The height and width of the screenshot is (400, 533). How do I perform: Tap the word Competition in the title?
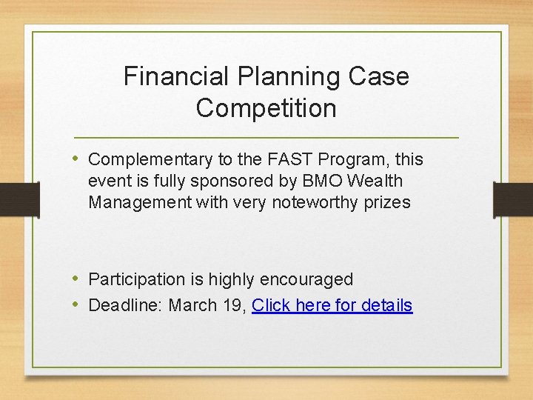266,108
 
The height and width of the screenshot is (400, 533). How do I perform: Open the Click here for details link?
332,305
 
